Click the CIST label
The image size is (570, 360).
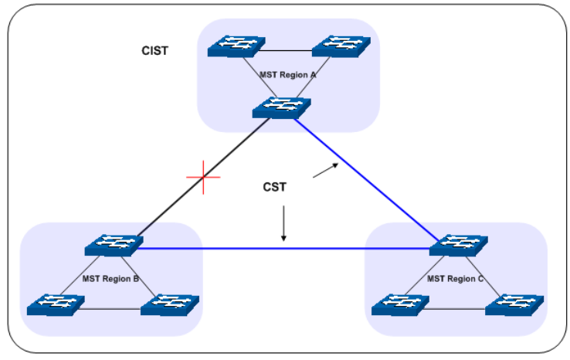[155, 51]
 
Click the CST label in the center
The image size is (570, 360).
[276, 186]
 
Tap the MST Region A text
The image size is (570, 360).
[288, 76]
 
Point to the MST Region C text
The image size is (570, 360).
[455, 278]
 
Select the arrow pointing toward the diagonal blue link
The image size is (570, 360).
[325, 171]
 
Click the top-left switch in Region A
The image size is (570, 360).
[236, 46]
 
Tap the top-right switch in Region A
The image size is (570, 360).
[341, 46]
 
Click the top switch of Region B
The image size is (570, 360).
[113, 246]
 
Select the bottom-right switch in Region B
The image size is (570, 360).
[168, 304]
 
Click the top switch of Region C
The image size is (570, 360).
[458, 246]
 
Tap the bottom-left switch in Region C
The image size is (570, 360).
[397, 304]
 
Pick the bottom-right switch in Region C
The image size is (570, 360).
[513, 304]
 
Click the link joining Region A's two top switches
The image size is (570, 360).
[288, 51]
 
